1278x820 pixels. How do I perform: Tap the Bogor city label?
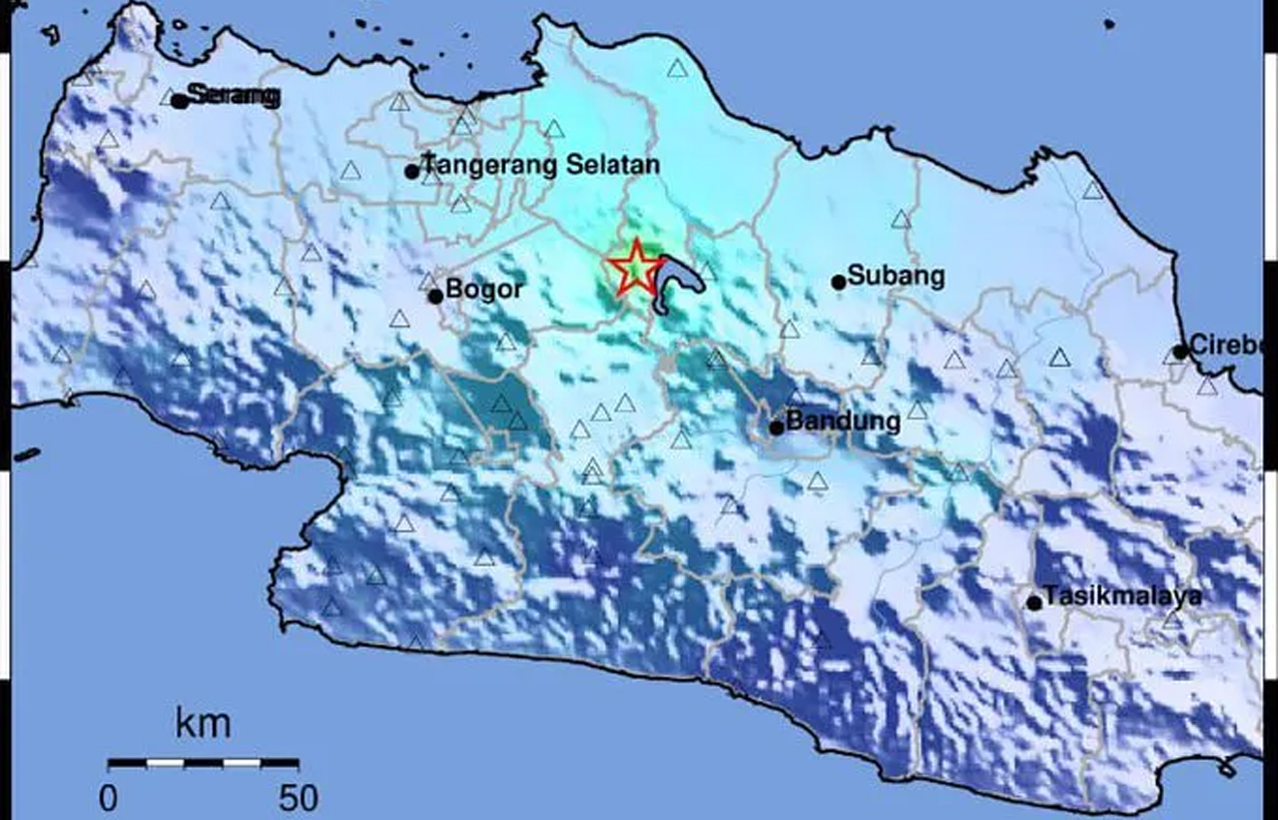tap(484, 291)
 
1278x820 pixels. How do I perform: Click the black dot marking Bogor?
tap(435, 296)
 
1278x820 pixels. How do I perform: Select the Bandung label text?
tap(843, 420)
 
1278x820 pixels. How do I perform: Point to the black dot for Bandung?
tap(776, 427)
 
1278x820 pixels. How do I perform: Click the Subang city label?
tap(896, 276)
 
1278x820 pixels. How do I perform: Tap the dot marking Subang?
tap(839, 282)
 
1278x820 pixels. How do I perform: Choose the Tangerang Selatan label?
tap(541, 164)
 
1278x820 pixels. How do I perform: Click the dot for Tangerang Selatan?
tap(411, 172)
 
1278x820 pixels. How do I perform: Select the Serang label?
tap(234, 96)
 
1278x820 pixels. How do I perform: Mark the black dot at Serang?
tap(180, 101)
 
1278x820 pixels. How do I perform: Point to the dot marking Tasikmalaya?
tap(1034, 602)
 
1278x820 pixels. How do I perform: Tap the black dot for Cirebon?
tap(1180, 352)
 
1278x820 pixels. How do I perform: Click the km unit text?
tap(203, 723)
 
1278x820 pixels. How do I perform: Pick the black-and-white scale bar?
tap(204, 763)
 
